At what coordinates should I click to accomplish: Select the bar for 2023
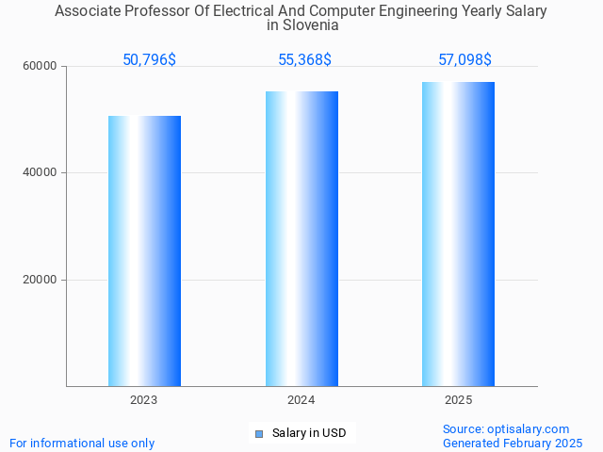144,250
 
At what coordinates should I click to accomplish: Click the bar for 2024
301,238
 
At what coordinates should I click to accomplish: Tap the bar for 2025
458,234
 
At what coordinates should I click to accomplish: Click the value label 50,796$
149,60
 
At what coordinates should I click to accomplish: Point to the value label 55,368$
304,60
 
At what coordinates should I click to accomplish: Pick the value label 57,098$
464,60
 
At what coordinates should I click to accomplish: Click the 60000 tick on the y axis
41,67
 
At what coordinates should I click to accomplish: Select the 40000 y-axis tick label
41,173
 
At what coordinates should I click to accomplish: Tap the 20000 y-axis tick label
41,280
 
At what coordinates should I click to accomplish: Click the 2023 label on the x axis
144,400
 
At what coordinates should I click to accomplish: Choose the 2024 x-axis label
301,400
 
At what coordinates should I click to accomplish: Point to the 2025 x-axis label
458,400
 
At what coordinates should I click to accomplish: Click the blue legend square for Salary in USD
259,433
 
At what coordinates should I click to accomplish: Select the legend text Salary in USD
309,433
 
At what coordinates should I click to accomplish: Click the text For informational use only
82,443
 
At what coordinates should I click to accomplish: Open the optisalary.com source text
506,428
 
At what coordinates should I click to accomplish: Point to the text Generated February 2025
513,443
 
